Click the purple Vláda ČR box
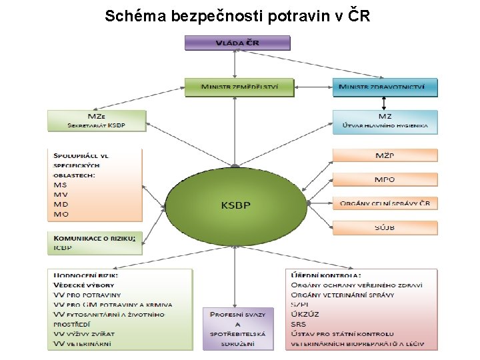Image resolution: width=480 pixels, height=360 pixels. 237,43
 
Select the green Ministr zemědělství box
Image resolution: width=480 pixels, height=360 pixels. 239,87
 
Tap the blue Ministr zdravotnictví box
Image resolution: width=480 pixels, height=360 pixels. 385,87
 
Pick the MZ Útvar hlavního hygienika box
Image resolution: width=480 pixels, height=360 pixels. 385,121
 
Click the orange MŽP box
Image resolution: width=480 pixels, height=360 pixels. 385,156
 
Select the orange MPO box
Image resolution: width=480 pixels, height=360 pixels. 385,180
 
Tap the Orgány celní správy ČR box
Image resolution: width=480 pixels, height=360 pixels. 385,203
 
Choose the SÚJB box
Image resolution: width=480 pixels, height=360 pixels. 385,228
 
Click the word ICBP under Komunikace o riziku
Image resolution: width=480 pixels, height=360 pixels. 63,248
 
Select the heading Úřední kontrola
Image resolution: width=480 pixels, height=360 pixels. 326,275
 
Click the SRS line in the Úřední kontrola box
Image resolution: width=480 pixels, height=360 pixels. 299,324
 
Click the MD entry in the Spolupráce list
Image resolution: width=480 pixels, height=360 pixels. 61,204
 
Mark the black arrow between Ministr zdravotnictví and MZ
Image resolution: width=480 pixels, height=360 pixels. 384,103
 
